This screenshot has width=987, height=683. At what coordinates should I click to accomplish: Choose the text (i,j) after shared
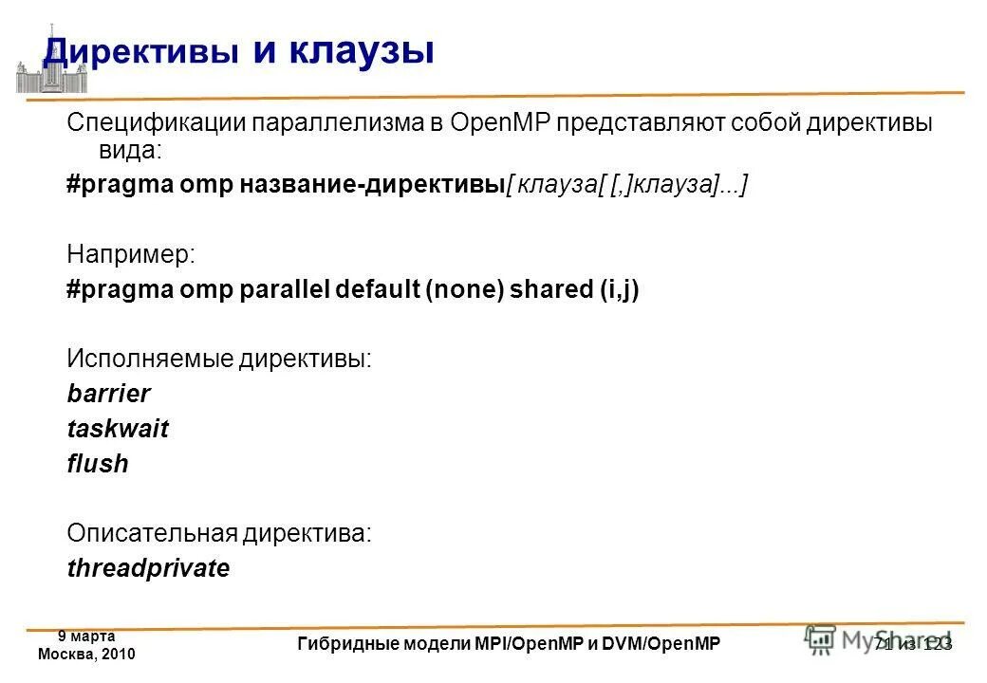tap(619, 289)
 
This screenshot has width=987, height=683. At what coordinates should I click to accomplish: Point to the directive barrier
tap(108, 394)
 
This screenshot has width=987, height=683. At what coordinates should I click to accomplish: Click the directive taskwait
tap(118, 429)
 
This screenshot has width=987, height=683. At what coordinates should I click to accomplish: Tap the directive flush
tap(97, 464)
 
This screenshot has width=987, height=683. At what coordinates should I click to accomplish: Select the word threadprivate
tap(148, 568)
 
